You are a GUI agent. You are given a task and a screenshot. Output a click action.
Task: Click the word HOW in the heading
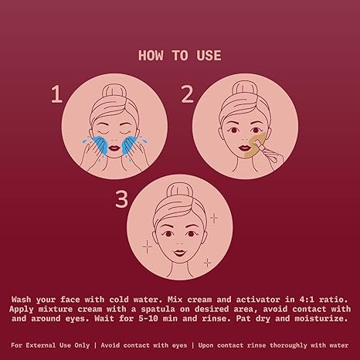click(151, 56)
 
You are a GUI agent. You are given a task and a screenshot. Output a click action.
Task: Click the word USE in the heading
click(209, 56)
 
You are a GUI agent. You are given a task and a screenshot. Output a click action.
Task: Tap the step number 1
click(56, 94)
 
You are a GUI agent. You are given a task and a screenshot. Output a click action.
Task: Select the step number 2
click(187, 94)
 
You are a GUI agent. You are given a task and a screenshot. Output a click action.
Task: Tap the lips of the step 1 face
click(113, 148)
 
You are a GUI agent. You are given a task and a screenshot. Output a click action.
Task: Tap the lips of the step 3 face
click(179, 252)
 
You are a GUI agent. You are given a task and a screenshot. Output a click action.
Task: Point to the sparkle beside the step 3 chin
click(208, 263)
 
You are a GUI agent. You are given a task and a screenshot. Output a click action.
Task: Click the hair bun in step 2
click(245, 90)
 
